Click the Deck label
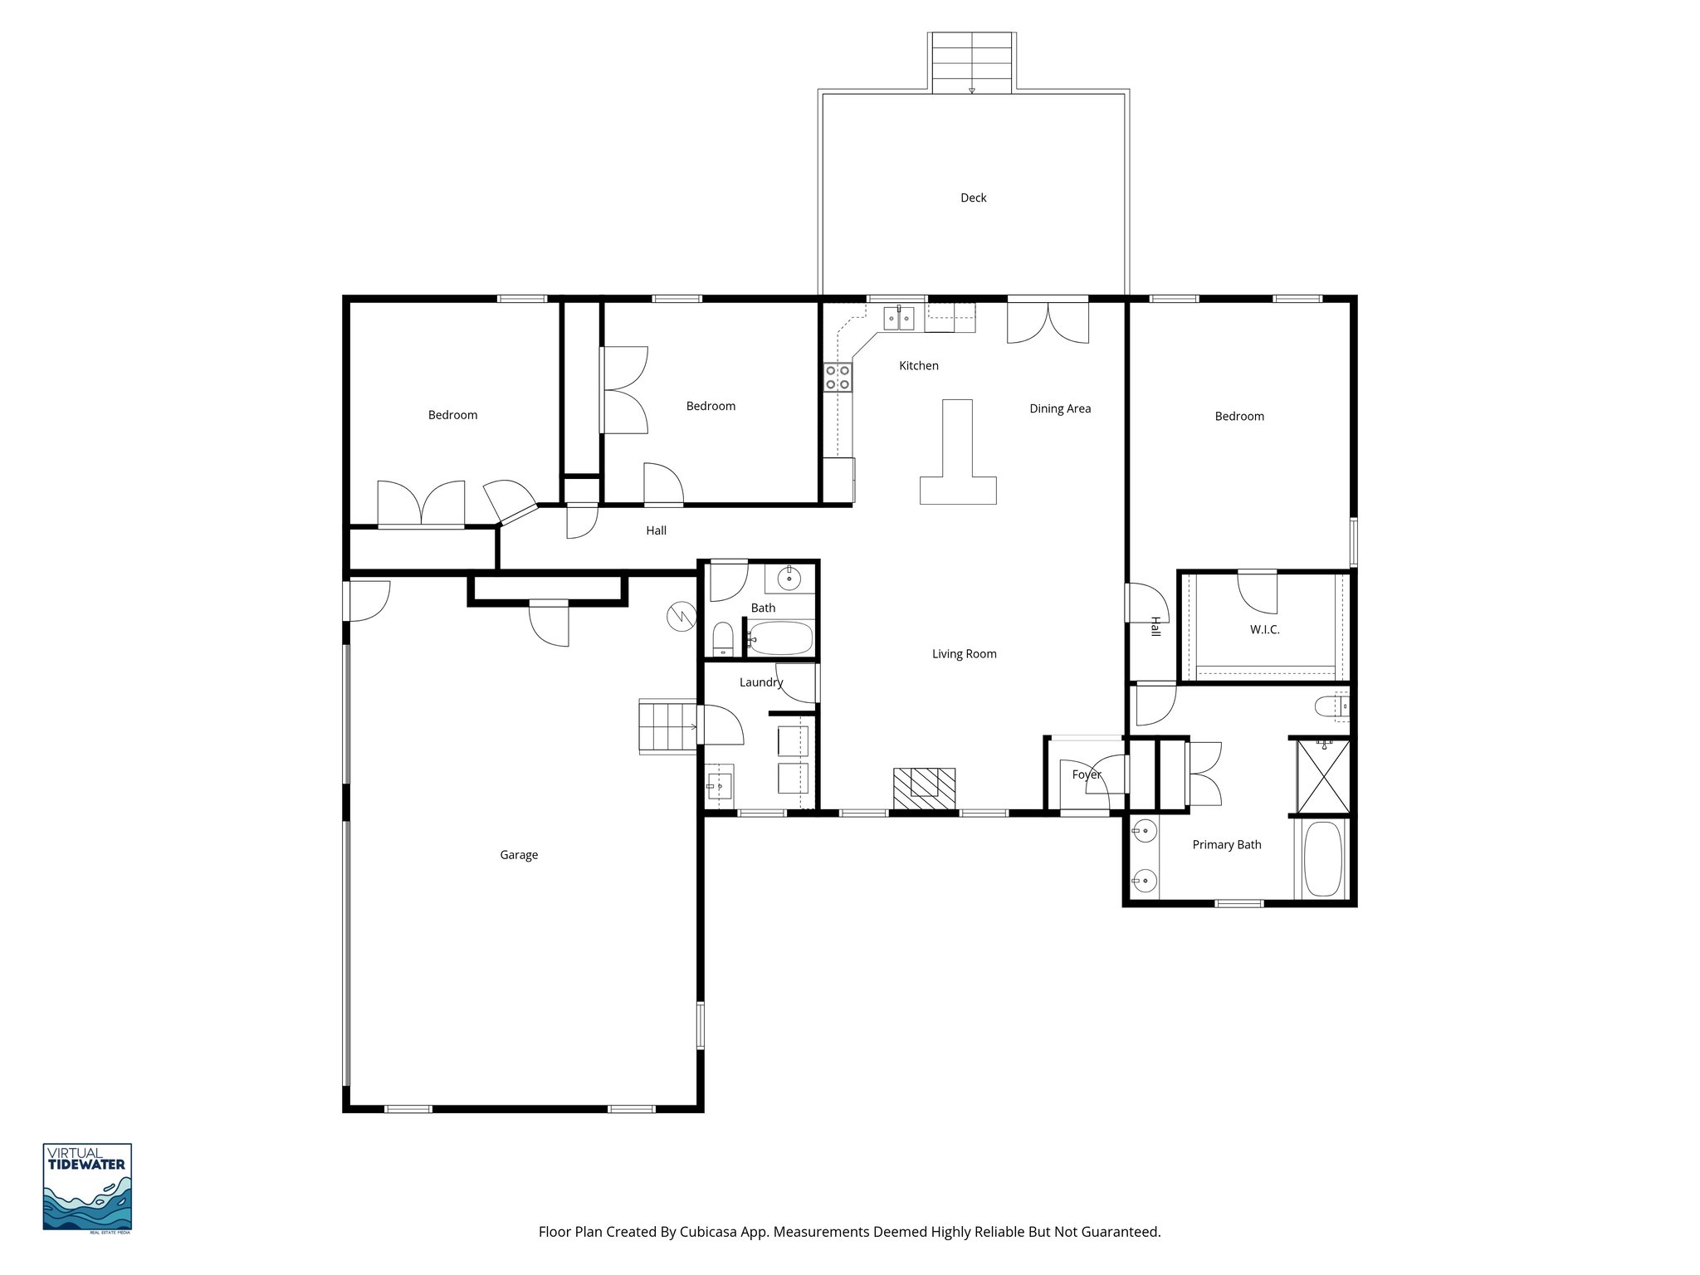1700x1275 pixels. click(x=973, y=198)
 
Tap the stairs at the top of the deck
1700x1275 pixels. click(x=972, y=62)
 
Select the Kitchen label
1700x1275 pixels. click(x=919, y=365)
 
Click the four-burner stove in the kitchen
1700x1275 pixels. click(x=838, y=378)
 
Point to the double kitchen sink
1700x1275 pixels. click(x=898, y=318)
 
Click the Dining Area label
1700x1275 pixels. click(x=1060, y=408)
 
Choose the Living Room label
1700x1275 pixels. click(x=964, y=654)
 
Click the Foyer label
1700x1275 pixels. click(x=1086, y=774)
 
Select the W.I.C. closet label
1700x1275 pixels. click(x=1264, y=630)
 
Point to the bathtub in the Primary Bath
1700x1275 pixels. click(x=1323, y=858)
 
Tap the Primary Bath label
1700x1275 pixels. click(x=1226, y=845)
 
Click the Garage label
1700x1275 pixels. click(x=519, y=855)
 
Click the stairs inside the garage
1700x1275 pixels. click(x=667, y=726)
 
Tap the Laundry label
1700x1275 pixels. click(x=760, y=682)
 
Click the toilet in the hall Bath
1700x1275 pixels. click(x=723, y=639)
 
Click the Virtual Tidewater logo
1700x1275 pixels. click(x=87, y=1187)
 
